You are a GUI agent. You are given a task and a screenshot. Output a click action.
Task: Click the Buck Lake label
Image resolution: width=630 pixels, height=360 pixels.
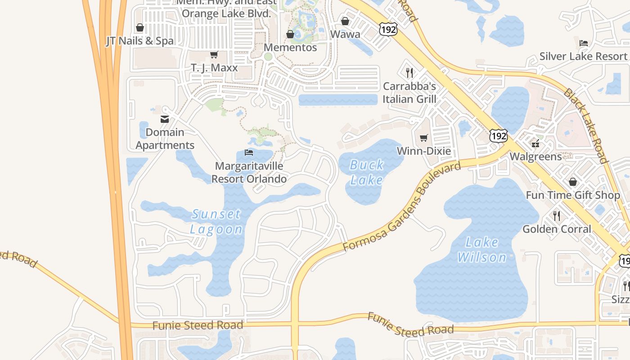367,172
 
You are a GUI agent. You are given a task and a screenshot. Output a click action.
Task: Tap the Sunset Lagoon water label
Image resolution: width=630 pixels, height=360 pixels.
216,221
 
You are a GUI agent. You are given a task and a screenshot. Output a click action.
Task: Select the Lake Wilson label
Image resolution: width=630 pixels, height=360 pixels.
482,250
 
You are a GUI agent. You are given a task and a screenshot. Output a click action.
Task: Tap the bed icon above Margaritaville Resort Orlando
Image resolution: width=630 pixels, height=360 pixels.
248,153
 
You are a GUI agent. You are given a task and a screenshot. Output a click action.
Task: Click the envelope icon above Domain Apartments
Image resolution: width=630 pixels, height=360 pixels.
165,119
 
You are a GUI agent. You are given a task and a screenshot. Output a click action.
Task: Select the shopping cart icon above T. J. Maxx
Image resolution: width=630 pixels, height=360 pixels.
214,55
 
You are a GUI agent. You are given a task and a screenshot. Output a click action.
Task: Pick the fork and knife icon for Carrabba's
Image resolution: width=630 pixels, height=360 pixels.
409,72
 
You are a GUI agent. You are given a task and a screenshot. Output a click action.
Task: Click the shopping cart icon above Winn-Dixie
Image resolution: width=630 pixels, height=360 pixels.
423,138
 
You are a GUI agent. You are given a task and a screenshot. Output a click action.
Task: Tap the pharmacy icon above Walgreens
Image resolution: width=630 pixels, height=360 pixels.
535,144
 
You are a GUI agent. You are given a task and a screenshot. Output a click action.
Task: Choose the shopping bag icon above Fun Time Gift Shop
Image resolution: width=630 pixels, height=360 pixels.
573,182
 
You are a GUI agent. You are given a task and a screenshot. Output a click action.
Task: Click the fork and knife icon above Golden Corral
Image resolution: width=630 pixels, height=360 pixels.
557,216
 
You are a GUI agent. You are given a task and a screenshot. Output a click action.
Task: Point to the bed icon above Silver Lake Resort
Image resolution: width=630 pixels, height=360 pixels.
583,43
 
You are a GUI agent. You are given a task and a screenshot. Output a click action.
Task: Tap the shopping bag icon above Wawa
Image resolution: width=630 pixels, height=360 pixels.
345,21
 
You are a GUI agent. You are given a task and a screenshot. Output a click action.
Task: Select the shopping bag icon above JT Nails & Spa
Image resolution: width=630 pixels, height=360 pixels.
140,28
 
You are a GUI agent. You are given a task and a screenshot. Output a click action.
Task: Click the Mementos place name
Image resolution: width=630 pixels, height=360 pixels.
290,47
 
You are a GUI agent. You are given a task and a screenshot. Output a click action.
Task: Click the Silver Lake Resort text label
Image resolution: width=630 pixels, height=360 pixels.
583,56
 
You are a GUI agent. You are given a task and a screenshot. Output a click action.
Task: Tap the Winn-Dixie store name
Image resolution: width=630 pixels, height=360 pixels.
423,151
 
